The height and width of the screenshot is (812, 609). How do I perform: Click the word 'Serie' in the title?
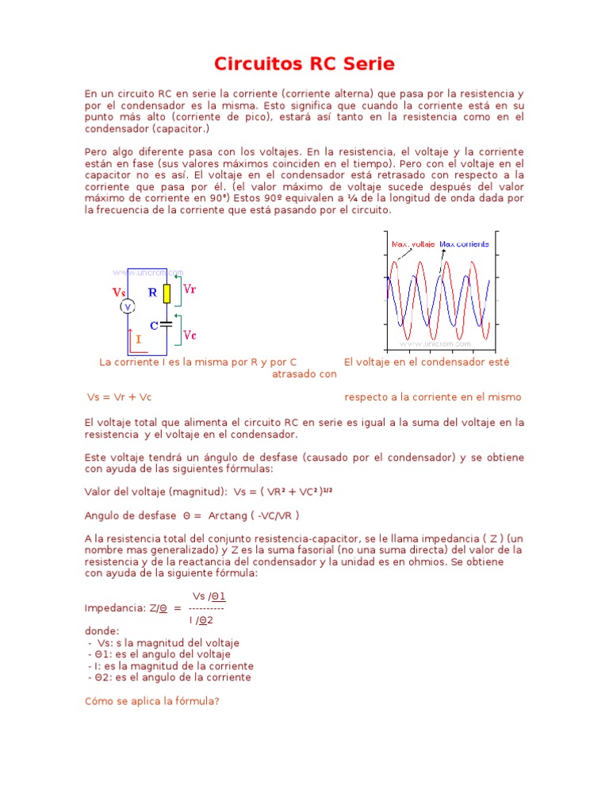point(367,64)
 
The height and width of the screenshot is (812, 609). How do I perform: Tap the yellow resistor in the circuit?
point(167,293)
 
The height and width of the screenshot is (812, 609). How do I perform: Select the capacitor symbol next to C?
point(167,324)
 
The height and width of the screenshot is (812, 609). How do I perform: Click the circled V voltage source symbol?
point(125,306)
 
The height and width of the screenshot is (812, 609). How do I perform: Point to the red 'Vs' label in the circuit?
point(119,292)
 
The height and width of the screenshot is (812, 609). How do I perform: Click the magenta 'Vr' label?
point(190,289)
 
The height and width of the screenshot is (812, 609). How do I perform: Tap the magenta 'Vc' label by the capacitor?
point(190,335)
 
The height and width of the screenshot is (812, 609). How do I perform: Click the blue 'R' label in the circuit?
point(153,292)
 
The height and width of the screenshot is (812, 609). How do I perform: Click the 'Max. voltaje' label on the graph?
point(412,243)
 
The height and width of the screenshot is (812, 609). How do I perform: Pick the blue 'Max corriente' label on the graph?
point(464,243)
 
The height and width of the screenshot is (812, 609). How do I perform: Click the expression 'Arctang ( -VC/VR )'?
point(254,515)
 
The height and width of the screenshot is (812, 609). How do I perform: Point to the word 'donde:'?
point(101,631)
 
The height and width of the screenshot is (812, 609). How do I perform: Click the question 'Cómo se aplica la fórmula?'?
point(151,701)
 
